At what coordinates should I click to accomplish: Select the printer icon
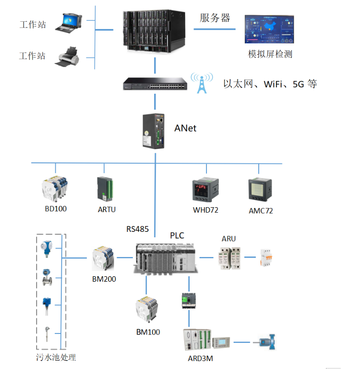coord(69,56)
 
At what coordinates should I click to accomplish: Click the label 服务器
coord(215,18)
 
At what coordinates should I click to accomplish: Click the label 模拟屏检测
coord(270,54)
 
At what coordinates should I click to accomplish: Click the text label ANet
coord(185,128)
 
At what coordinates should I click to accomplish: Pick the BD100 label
coord(55,209)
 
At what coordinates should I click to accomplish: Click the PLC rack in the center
coord(166,257)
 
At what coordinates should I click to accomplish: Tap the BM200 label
coord(104,279)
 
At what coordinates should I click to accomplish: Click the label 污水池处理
coord(56,357)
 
